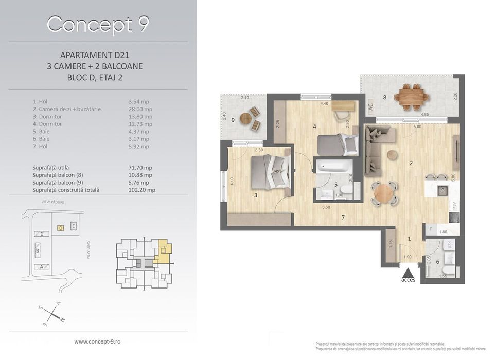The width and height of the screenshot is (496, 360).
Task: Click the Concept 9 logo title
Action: pos(98,24)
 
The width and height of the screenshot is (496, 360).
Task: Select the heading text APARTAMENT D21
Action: pos(98,55)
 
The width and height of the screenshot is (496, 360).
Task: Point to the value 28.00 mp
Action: pos(140,109)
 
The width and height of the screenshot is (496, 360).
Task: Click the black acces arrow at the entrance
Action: pos(408,272)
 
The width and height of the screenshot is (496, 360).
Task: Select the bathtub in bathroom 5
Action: pos(333,167)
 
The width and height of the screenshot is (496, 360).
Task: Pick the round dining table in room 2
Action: pos(383,193)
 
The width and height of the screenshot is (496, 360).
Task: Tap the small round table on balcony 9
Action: pos(246,118)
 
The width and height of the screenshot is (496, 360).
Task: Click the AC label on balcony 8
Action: pos(370,106)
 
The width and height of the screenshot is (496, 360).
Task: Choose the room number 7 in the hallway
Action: pos(343,218)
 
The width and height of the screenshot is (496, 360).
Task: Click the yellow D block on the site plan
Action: pos(60,227)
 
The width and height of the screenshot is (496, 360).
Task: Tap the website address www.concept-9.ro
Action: pos(98,341)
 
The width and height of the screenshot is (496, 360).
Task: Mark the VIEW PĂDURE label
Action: pos(52,202)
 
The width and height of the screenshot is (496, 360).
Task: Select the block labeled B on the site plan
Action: pos(37,251)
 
